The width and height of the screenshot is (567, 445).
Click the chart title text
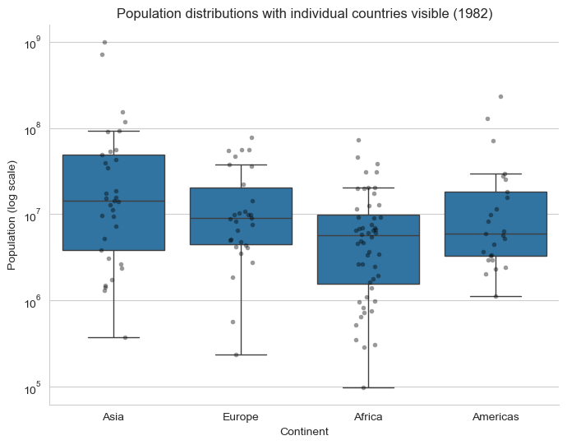pyautogui.click(x=304, y=14)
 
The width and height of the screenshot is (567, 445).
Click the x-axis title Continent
pyautogui.click(x=304, y=431)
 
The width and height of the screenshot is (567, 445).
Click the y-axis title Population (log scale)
pyautogui.click(x=12, y=214)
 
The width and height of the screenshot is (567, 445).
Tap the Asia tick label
pyautogui.click(x=113, y=416)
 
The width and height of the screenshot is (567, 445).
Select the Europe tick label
pyautogui.click(x=241, y=416)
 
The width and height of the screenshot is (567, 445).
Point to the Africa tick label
pyautogui.click(x=368, y=416)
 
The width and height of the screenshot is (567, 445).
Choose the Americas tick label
pyautogui.click(x=496, y=416)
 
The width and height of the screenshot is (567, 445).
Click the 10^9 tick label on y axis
pyautogui.click(x=32, y=42)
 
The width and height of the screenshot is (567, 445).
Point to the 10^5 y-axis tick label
pyautogui.click(x=32, y=387)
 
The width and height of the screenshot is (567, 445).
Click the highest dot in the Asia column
pyautogui.click(x=104, y=42)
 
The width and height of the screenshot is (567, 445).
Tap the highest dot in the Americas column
pyautogui.click(x=500, y=96)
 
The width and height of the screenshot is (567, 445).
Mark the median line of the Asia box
pyautogui.click(x=113, y=201)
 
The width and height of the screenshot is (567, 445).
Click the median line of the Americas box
pyautogui.click(x=496, y=234)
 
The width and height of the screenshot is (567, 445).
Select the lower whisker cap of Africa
pyautogui.click(x=368, y=387)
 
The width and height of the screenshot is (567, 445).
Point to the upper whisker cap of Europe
pyautogui.click(x=241, y=165)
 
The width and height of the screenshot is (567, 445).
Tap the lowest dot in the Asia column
pyautogui.click(x=125, y=337)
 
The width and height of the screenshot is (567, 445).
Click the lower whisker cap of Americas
pyautogui.click(x=496, y=296)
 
